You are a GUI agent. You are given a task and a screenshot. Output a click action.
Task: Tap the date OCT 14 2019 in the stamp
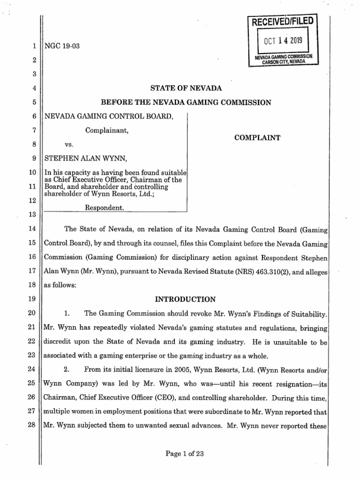click(x=283, y=41)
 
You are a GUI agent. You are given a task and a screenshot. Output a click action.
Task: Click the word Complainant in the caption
click(x=107, y=131)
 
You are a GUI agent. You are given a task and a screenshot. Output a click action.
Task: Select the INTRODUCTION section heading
click(x=186, y=299)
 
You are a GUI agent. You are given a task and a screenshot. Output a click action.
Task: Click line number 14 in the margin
click(x=32, y=229)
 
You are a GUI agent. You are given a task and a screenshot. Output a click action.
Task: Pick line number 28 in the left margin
click(x=32, y=427)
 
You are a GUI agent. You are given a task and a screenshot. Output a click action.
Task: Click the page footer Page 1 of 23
click(x=186, y=453)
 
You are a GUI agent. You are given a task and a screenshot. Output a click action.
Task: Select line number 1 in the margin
click(x=34, y=46)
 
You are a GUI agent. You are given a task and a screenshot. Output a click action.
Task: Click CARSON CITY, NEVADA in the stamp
click(x=284, y=61)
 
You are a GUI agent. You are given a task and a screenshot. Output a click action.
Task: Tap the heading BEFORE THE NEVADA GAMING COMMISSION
click(x=186, y=102)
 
